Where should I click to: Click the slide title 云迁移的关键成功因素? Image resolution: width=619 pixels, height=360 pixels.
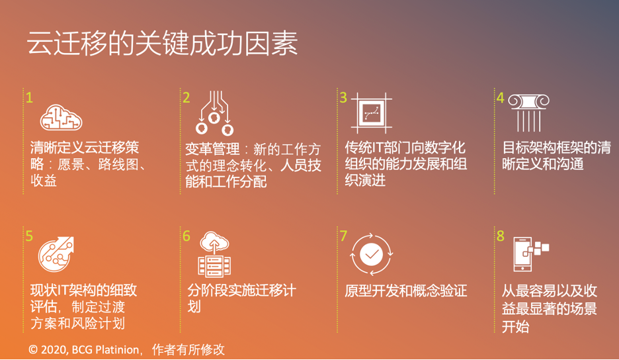point(162,43)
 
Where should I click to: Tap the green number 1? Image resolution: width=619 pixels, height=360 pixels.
point(29,97)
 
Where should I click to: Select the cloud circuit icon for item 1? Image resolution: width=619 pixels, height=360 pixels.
point(61,117)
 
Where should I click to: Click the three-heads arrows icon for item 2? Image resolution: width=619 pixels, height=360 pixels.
point(214,113)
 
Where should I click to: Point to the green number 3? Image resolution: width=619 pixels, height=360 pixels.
point(343,97)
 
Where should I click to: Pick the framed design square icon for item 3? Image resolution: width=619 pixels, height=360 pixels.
point(372,113)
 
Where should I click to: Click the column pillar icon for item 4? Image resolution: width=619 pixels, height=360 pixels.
point(528,112)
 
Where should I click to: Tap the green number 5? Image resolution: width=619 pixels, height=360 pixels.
point(29,236)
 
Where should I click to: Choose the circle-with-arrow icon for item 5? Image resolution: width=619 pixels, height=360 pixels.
point(56,254)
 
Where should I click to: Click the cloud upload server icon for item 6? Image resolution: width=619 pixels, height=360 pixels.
point(214,254)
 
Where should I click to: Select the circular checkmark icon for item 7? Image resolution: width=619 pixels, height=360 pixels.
point(371,254)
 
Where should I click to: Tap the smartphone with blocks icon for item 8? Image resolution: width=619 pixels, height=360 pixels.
point(531,254)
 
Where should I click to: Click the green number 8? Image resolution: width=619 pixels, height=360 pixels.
point(500,236)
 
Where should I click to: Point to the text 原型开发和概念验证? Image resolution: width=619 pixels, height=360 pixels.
point(406,291)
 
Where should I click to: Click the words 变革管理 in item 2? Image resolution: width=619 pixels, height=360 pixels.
point(212,149)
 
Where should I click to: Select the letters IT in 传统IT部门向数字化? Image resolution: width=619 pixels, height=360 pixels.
point(378,148)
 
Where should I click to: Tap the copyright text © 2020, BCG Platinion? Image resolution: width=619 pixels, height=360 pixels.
point(84,349)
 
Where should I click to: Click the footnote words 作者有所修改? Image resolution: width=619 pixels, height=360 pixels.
point(188,349)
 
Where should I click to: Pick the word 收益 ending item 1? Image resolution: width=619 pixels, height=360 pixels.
point(44,181)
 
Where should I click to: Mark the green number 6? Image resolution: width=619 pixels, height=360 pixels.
point(186,236)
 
